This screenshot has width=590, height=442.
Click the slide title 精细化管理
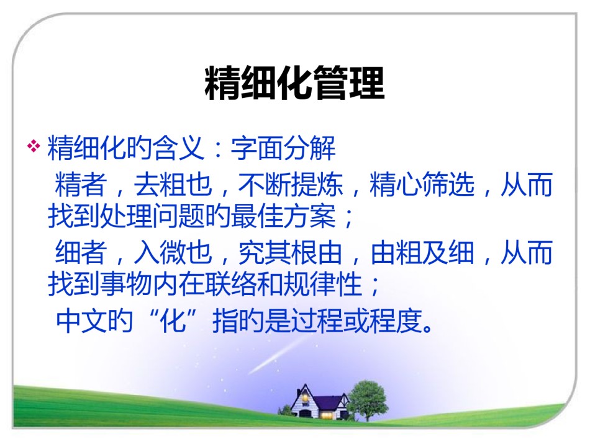[x=294, y=82]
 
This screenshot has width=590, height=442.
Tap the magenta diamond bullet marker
[x=34, y=146]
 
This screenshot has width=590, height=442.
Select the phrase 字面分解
[x=283, y=148]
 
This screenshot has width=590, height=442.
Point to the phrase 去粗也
[x=173, y=184]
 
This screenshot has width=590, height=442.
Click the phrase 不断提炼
[x=291, y=184]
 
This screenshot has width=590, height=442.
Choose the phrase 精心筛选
[x=422, y=184]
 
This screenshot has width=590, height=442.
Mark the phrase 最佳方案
[x=283, y=216]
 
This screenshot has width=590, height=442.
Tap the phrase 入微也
[x=173, y=252]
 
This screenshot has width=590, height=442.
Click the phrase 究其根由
[x=291, y=252]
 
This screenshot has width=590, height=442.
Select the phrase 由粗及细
[x=422, y=252]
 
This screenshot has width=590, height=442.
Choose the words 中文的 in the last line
[x=94, y=320]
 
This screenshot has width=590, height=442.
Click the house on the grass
[x=320, y=402]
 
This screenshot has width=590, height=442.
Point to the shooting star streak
[x=276, y=355]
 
